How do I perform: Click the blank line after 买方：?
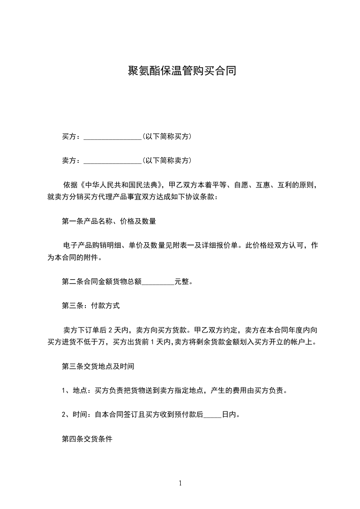(113, 137)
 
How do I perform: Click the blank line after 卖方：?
(113, 161)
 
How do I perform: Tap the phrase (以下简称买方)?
(166, 136)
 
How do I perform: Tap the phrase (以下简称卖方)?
(166, 160)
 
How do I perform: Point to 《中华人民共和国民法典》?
(120, 185)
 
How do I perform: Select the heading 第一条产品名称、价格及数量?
(109, 221)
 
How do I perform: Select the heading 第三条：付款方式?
(91, 306)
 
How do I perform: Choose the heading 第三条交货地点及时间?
(98, 366)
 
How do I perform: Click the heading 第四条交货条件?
(87, 439)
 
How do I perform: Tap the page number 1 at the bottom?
(180, 483)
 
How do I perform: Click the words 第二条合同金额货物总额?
(102, 282)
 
